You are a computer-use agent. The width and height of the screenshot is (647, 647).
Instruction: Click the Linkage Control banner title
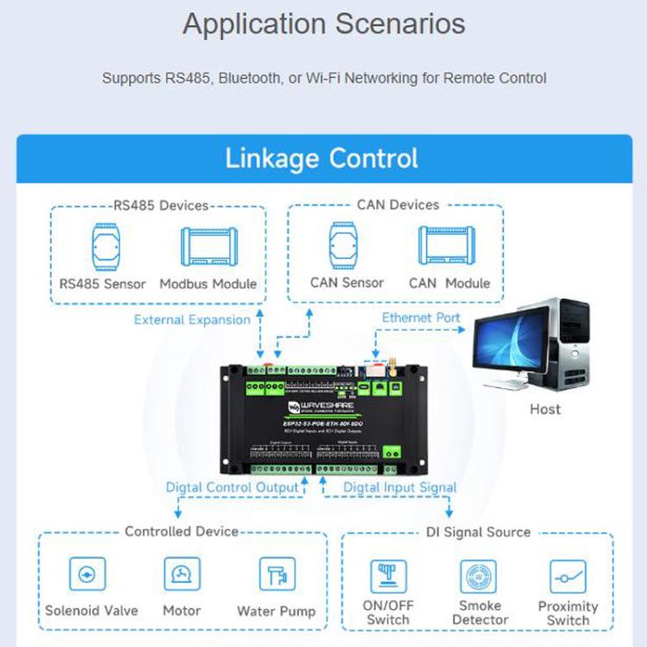click(x=322, y=159)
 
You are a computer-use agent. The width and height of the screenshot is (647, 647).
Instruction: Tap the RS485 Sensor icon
click(x=103, y=246)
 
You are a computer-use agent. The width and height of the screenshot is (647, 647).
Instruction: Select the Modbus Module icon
click(x=208, y=246)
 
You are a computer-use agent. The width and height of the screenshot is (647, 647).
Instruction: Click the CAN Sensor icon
click(x=347, y=245)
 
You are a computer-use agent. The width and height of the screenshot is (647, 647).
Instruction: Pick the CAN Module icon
click(x=449, y=245)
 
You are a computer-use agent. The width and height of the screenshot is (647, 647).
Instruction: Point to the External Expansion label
click(x=192, y=320)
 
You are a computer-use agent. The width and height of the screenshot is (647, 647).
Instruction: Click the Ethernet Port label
click(x=421, y=318)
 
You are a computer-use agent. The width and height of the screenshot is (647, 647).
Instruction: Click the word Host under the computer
click(x=545, y=409)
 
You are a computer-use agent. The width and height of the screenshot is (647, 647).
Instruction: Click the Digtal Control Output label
click(x=232, y=487)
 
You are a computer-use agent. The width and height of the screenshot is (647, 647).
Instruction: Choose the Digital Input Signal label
click(x=399, y=487)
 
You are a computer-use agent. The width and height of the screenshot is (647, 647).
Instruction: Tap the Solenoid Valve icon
click(x=91, y=575)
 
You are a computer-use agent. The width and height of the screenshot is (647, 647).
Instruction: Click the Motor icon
click(x=182, y=575)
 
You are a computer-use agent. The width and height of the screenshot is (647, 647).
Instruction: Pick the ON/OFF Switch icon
click(x=387, y=577)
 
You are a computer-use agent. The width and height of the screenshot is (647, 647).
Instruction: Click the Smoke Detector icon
click(x=478, y=577)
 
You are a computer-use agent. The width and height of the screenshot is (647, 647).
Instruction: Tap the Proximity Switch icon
click(x=568, y=577)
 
